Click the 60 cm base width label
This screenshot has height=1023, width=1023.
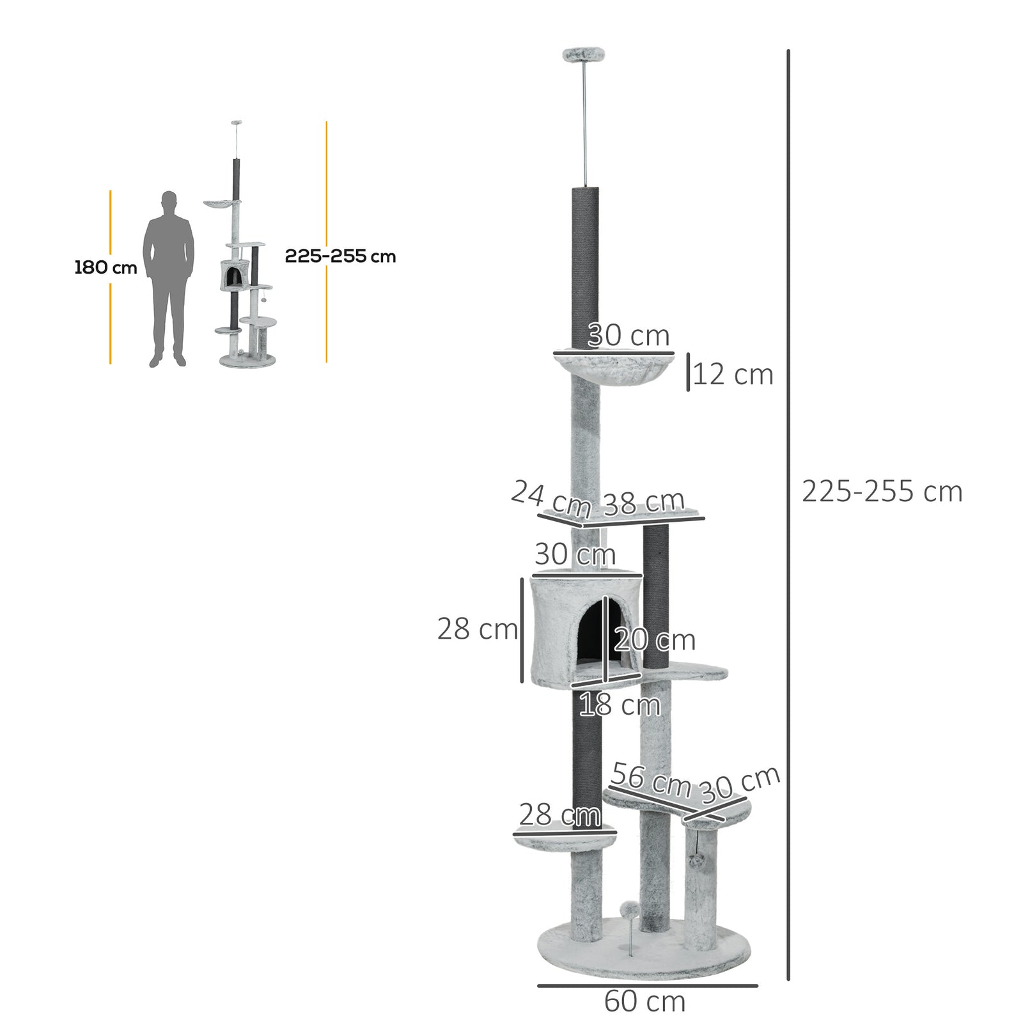tap(644, 1001)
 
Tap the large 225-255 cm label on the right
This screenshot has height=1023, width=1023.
tap(882, 492)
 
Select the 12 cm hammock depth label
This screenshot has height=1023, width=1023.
tap(733, 375)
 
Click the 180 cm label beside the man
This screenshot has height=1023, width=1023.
tap(105, 267)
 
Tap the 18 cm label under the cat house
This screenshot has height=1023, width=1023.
tap(619, 705)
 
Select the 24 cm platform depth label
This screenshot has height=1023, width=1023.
tap(551, 499)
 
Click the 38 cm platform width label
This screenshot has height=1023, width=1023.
tap(644, 503)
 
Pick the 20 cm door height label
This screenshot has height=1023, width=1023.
tap(655, 640)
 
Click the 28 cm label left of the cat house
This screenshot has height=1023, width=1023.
tap(477, 629)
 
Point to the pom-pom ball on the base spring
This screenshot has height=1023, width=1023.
tap(629, 909)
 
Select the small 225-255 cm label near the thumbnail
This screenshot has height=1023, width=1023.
tap(340, 256)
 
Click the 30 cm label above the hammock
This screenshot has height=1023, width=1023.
tap(628, 335)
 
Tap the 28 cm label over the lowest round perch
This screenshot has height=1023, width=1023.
tap(559, 815)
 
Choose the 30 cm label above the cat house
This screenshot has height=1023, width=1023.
tap(575, 554)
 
